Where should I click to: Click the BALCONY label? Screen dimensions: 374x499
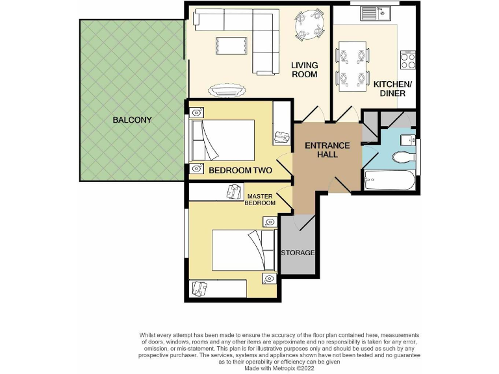(x=132, y=120)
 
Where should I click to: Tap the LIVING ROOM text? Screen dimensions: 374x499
(x=304, y=69)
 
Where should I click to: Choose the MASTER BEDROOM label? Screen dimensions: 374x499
(x=260, y=199)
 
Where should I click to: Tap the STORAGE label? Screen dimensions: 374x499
(x=298, y=253)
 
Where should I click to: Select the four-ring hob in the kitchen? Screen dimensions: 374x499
(x=409, y=60)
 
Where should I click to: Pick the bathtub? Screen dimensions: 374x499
(x=388, y=179)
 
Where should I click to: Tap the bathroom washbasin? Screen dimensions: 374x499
(x=407, y=139)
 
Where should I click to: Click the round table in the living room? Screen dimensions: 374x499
(x=309, y=25)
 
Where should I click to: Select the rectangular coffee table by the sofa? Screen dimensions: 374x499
(x=227, y=45)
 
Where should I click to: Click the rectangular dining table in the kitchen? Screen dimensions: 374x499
(x=352, y=64)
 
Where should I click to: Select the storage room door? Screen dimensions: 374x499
(x=305, y=222)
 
